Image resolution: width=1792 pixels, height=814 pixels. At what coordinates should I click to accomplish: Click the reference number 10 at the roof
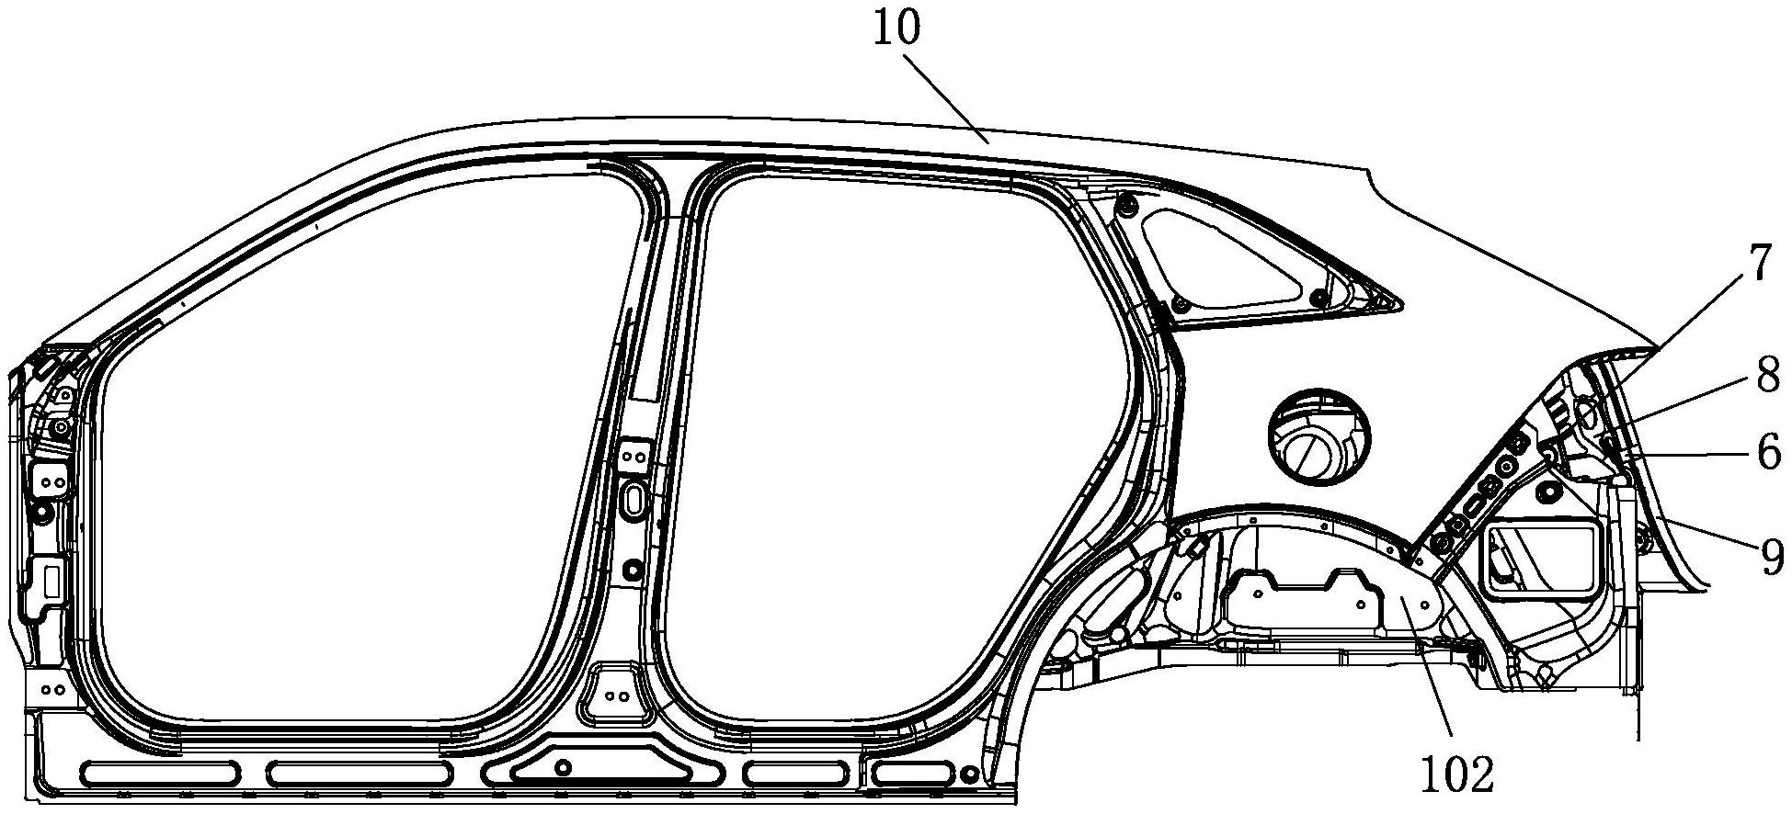pos(896,29)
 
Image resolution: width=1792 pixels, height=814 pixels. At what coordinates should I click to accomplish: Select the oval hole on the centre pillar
pos(634,501)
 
